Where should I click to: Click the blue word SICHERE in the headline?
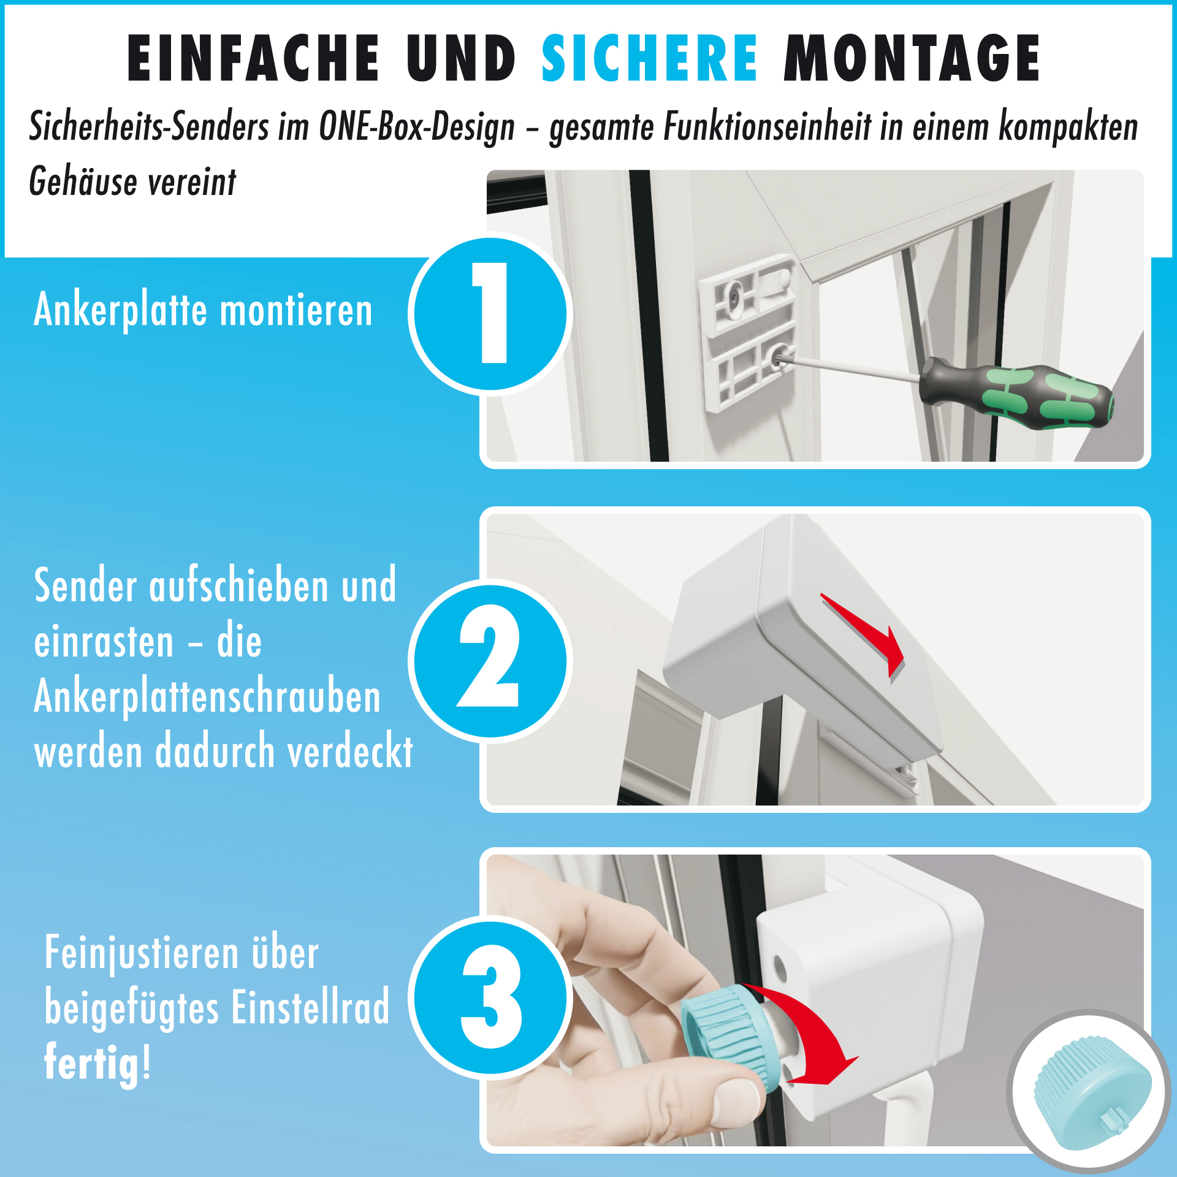click(x=649, y=58)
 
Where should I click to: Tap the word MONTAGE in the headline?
click(x=912, y=58)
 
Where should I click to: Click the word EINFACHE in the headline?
click(x=253, y=58)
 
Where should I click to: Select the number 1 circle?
click(x=490, y=313)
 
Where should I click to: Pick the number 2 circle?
click(x=490, y=660)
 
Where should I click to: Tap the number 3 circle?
click(x=490, y=997)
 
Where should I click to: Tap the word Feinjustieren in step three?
click(x=142, y=953)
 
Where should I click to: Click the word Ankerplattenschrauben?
click(x=207, y=698)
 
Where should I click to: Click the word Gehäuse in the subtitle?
click(x=83, y=182)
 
